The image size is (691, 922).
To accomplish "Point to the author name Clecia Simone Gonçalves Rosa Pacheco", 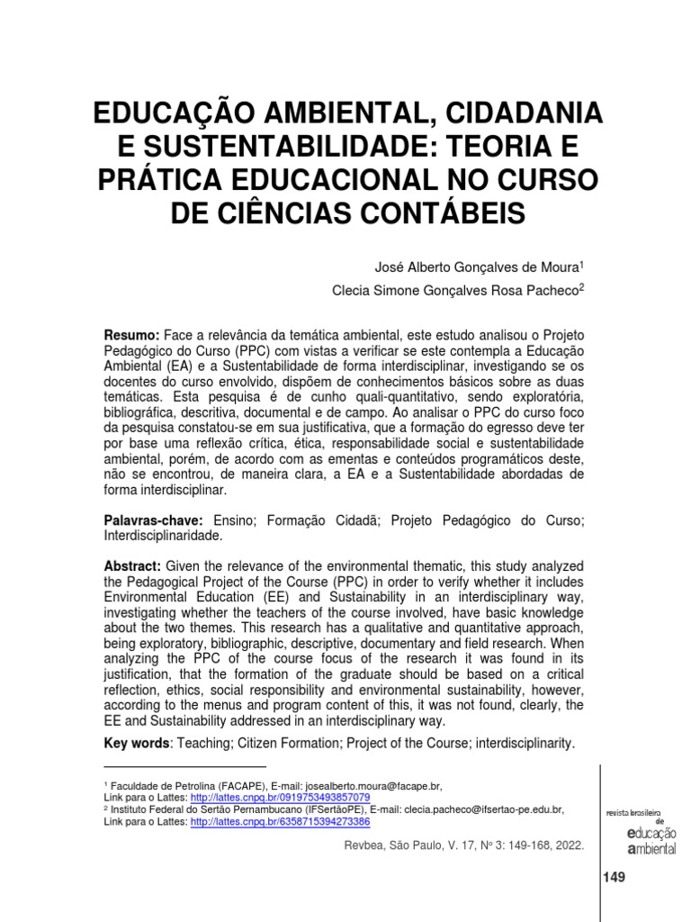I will click(x=444, y=289).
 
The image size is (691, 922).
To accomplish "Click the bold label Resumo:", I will click(x=132, y=334).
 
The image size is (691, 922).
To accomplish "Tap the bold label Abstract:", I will click(x=133, y=565).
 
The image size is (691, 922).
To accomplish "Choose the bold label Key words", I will click(x=137, y=744).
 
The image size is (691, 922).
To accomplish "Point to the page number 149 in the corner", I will click(x=614, y=876).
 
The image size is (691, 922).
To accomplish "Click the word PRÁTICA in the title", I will click(x=154, y=180).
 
